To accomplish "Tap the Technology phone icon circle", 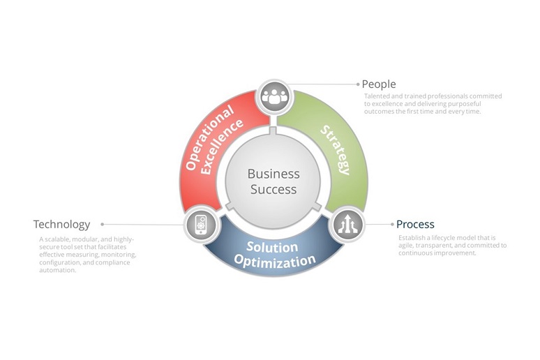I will (x=199, y=225).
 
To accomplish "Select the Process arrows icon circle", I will (x=347, y=225).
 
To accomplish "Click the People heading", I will (x=379, y=84).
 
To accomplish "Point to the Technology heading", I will (x=62, y=225).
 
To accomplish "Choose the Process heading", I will (x=415, y=225).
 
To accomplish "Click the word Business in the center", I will (x=273, y=174).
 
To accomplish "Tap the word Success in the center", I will (x=273, y=189).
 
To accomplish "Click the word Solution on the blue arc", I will (x=272, y=247).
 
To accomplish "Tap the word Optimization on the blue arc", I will (x=275, y=262).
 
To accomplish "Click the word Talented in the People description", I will (x=377, y=96).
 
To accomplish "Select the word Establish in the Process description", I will (x=412, y=238).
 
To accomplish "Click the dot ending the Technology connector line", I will (x=103, y=225).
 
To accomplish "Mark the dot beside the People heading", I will (x=358, y=84).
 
